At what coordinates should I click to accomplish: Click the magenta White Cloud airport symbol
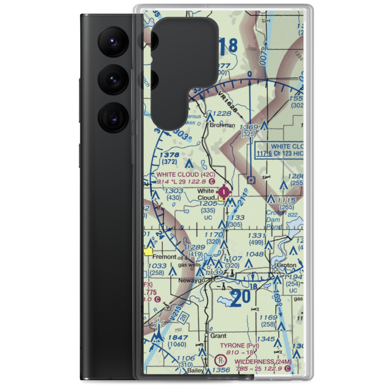[224, 192]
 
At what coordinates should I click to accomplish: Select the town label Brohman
[222, 125]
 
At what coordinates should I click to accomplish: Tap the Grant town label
[218, 336]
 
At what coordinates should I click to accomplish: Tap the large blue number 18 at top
[228, 46]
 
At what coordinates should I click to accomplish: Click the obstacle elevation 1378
[169, 155]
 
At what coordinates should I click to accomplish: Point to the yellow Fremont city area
[149, 252]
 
